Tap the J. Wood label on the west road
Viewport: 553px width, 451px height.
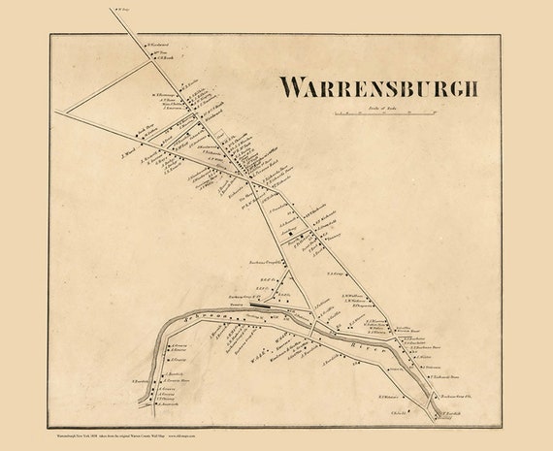tap(127, 152)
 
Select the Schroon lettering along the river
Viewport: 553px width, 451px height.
tap(194, 317)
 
